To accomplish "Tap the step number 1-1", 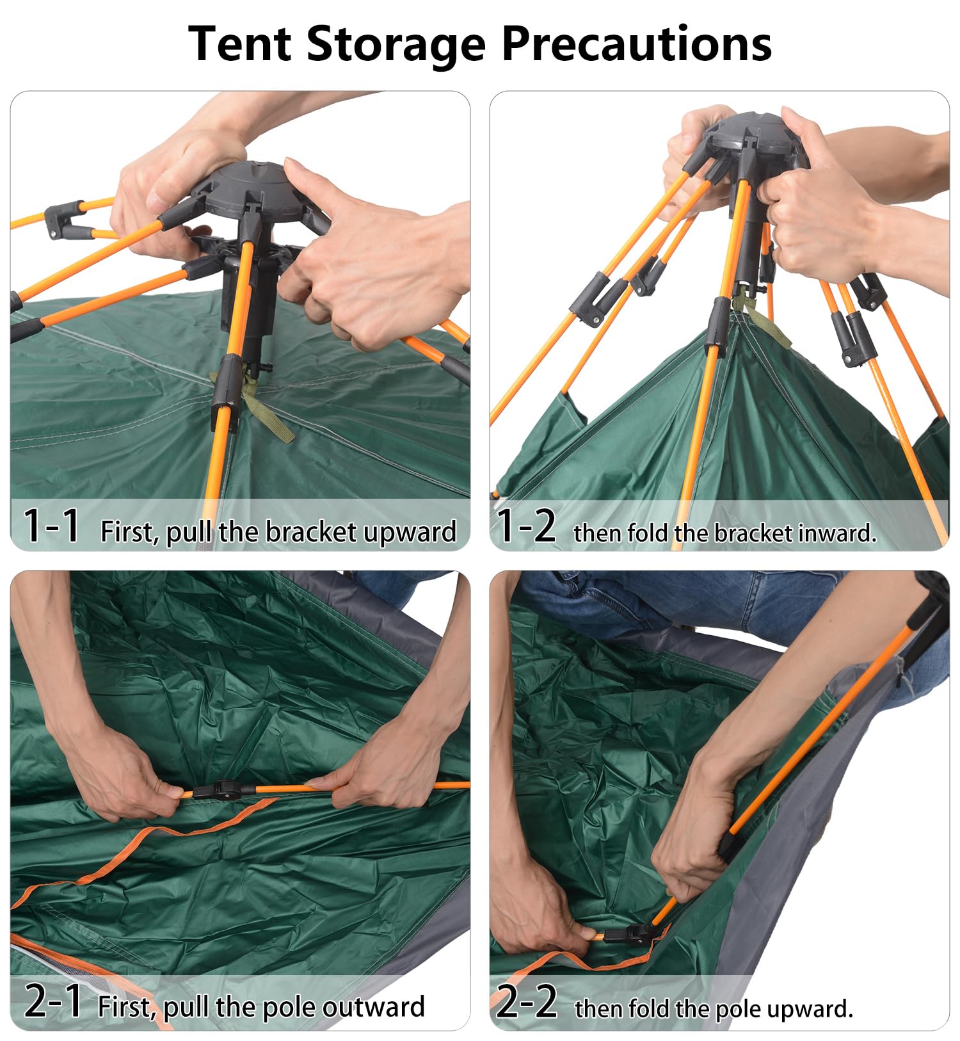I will coord(51,526).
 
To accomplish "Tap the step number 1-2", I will coord(526,526).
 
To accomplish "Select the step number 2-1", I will coord(52,1001).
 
